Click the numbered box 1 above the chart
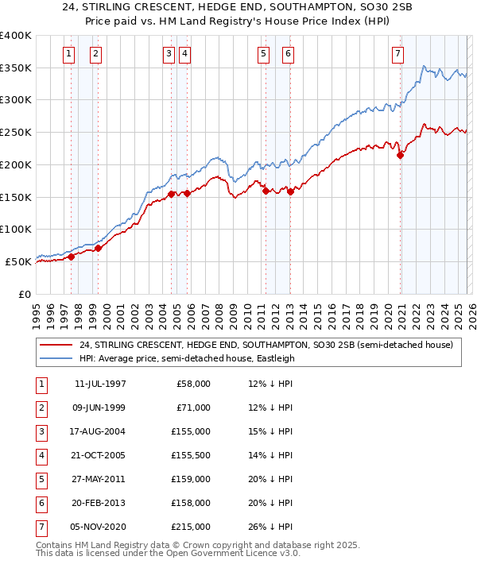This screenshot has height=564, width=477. pyautogui.click(x=69, y=54)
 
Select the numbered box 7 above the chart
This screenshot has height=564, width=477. pyautogui.click(x=397, y=54)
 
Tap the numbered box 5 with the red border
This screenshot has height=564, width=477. pyautogui.click(x=262, y=54)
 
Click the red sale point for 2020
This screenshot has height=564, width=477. pyautogui.click(x=401, y=156)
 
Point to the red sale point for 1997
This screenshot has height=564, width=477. pyautogui.click(x=71, y=257)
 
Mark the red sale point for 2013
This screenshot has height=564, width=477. pyautogui.click(x=291, y=191)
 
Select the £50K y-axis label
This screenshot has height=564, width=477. pyautogui.click(x=19, y=261)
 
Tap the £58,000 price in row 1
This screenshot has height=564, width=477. pyautogui.click(x=194, y=384)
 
